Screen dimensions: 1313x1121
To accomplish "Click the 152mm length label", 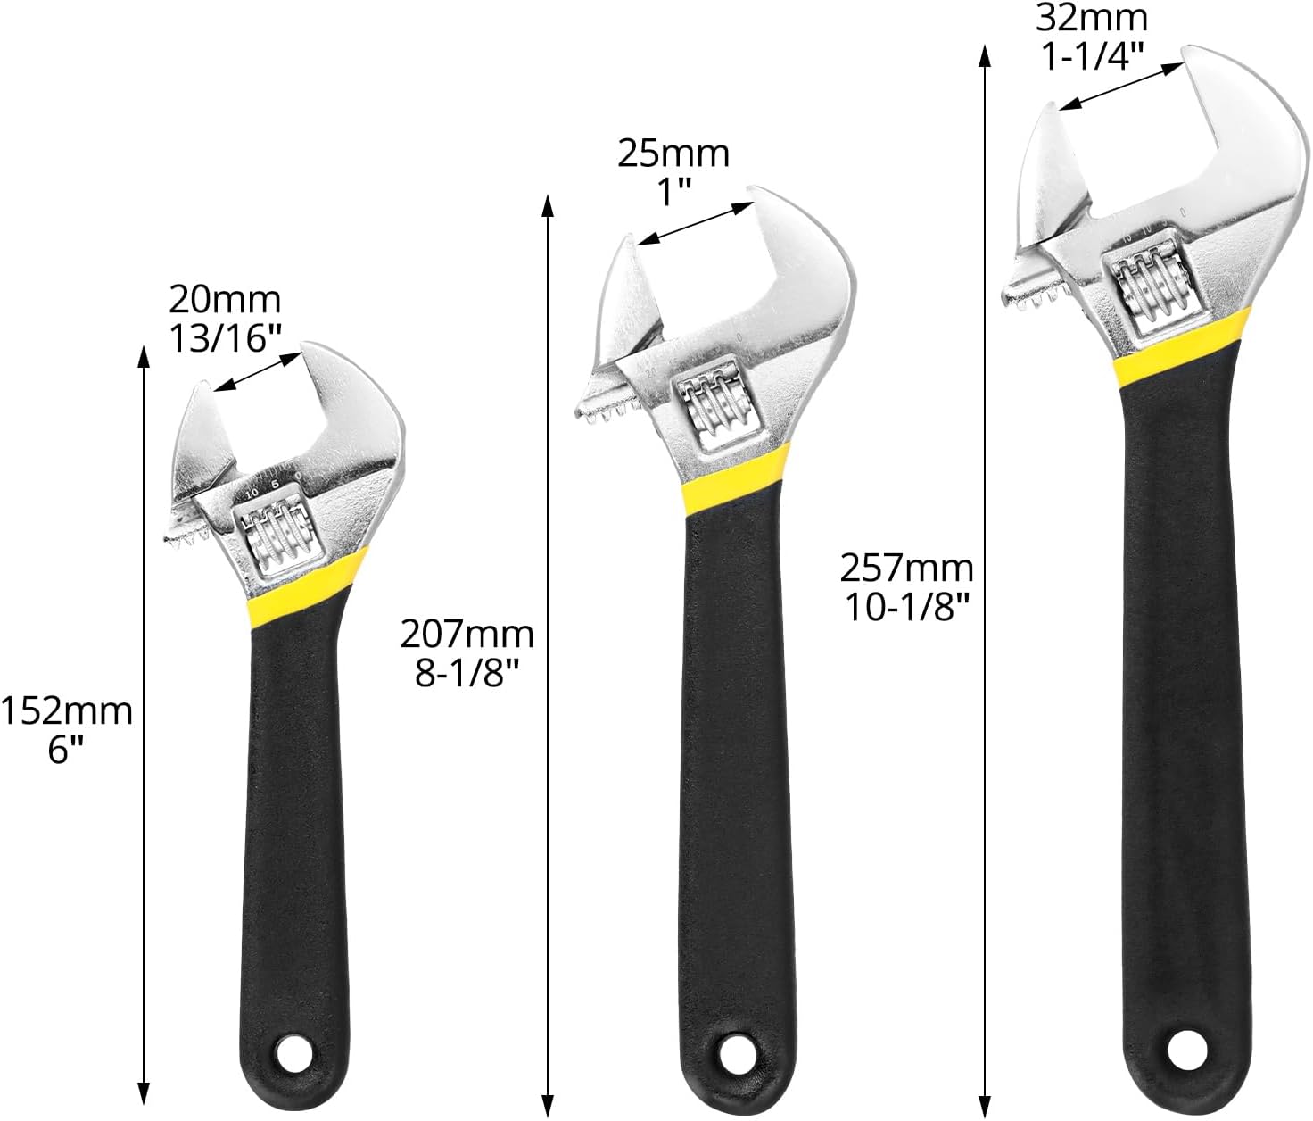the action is (66, 712).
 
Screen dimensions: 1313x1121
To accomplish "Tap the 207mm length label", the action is (467, 635).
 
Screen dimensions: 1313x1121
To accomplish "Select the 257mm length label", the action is (906, 569).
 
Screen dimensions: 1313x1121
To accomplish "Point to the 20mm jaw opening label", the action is (224, 300).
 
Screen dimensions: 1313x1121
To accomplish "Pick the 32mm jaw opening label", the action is (1092, 19).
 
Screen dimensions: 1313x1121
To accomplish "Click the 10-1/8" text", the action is (906, 607).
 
